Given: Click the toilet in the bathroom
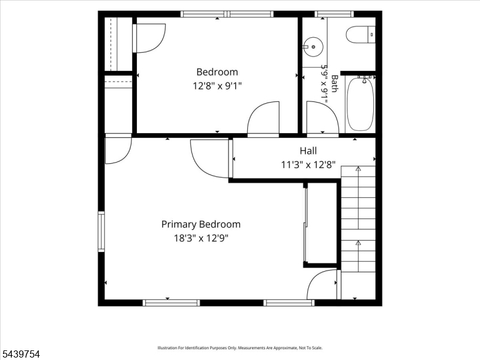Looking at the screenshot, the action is tap(361, 35).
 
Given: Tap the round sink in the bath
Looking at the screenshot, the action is tap(313, 47).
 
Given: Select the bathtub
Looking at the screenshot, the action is tap(360, 104).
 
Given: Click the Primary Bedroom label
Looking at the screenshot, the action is tap(201, 224).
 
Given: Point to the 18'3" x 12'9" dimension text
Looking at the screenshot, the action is tap(201, 238).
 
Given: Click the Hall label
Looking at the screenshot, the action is tap(308, 151).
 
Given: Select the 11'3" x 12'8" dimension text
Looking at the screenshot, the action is tap(308, 165).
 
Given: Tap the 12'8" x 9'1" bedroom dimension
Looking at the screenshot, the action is tap(217, 86).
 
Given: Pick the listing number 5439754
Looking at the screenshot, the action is tap(20, 354).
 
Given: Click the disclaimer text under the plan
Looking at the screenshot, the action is tap(239, 348).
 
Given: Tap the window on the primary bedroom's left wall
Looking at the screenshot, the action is tap(101, 232).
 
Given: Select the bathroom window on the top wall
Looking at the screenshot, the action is tap(334, 14).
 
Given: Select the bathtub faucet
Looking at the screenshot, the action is tap(365, 79).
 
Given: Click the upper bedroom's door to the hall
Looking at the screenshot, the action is tap(263, 118).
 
